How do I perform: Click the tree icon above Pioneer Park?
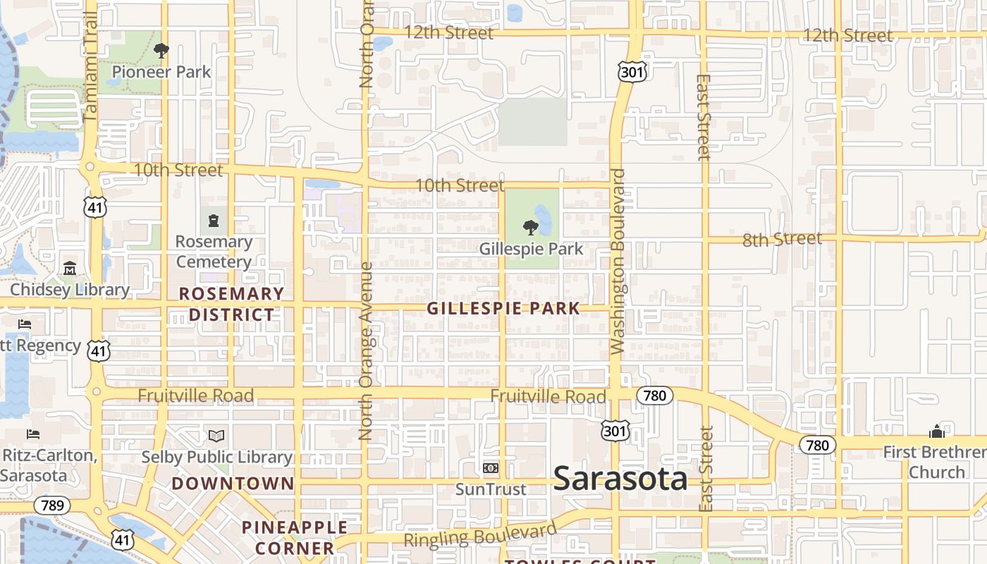(x=161, y=51)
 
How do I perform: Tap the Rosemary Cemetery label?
(x=214, y=252)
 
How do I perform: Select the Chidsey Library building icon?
(x=70, y=269)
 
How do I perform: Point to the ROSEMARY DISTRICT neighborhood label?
(x=231, y=304)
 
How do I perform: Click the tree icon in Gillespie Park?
(x=531, y=228)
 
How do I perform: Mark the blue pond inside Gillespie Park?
(x=543, y=218)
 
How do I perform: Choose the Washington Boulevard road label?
(x=618, y=261)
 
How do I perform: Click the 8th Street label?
(x=782, y=240)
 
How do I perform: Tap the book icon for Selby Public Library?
(x=216, y=436)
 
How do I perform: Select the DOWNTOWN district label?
(x=233, y=484)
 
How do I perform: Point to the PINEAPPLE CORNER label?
(x=295, y=537)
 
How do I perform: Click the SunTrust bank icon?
(x=491, y=468)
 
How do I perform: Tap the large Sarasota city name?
(x=620, y=479)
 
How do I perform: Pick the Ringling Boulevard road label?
(x=480, y=536)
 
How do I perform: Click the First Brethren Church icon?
(x=936, y=431)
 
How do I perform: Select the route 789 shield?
(x=52, y=505)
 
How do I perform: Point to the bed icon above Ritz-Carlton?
(x=32, y=434)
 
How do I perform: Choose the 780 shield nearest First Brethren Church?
(x=817, y=445)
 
